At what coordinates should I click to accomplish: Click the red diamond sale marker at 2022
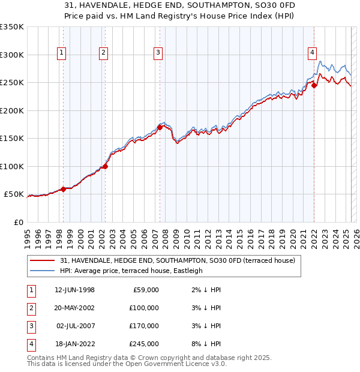(x=314, y=85)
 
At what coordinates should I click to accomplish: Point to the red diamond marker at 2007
(x=160, y=127)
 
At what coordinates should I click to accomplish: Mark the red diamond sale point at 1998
(x=64, y=189)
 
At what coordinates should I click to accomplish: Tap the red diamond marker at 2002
(x=105, y=166)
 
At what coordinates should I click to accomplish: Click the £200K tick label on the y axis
(x=11, y=110)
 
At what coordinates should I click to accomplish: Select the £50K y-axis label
(x=14, y=194)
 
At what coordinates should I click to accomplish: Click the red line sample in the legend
(x=42, y=261)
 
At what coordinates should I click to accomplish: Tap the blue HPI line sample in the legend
(x=42, y=271)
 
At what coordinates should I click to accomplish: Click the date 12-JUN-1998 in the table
(x=74, y=290)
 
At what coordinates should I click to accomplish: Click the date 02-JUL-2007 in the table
(x=75, y=326)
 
